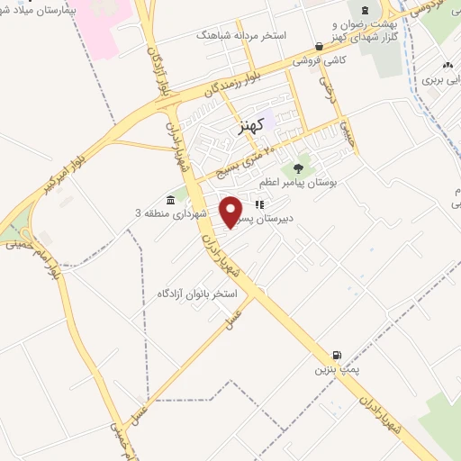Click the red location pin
tap(232, 211)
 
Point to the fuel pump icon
tap(336, 355)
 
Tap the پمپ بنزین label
tap(330, 369)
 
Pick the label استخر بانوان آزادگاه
tap(197, 294)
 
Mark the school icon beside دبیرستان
tap(259, 204)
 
